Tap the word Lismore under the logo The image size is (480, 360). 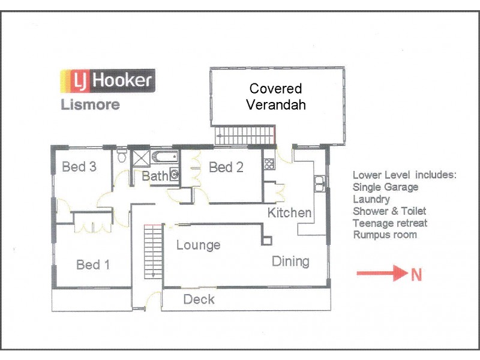coord(90,104)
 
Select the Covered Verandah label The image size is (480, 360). coord(275,97)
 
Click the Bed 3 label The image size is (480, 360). coord(79,167)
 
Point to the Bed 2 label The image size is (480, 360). coord(226,167)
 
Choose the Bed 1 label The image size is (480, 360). coord(93,265)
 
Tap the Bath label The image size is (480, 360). coord(154,176)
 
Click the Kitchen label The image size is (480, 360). coord(289,212)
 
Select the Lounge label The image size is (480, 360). coord(198,245)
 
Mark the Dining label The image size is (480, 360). coord(290,261)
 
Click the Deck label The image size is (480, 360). coord(199,299)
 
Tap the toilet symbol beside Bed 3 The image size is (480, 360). coord(122,157)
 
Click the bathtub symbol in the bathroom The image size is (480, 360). coord(164,158)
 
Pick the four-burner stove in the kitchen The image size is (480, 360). coord(268,161)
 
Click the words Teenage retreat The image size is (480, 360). coord(390,223)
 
